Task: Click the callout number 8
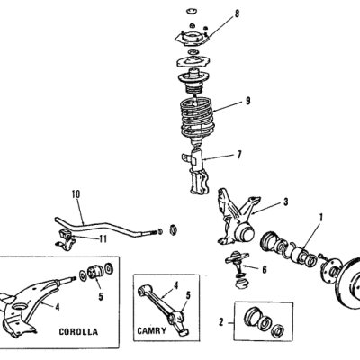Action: [x=237, y=13]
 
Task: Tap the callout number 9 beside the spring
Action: [x=247, y=101]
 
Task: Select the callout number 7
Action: [x=239, y=155]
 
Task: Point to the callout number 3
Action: [x=286, y=202]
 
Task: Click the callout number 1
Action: [x=321, y=217]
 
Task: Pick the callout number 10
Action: [x=76, y=194]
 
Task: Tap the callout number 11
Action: [x=103, y=238]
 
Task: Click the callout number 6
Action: [x=265, y=270]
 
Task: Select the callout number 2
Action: [x=221, y=322]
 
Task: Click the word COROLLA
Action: [x=78, y=332]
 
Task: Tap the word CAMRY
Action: [x=151, y=330]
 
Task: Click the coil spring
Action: [x=197, y=119]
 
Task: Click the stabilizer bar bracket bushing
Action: [x=66, y=238]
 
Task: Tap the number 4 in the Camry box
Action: [x=176, y=285]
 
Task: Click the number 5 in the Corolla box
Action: [x=101, y=297]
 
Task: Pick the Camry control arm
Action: [x=165, y=309]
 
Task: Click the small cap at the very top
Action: [x=190, y=12]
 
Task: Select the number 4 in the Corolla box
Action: [x=57, y=307]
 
